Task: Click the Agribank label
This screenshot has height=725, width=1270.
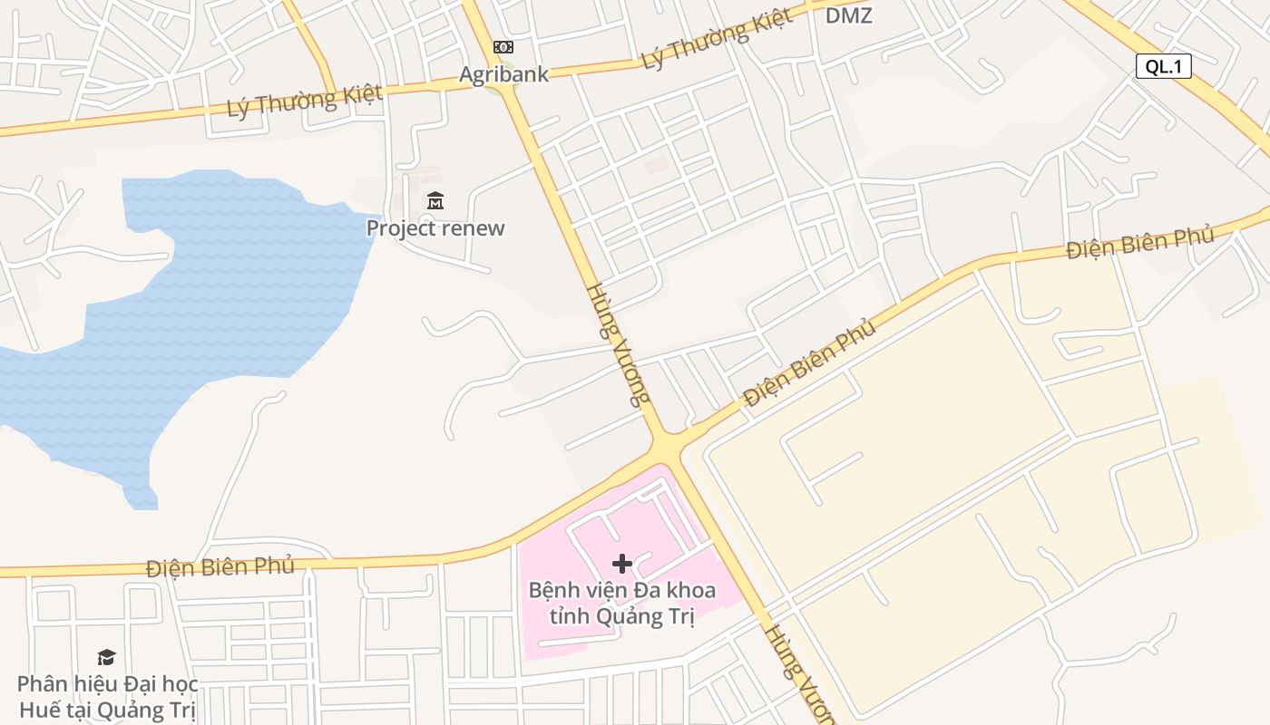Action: point(503,74)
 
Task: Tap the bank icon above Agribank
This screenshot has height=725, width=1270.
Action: point(503,47)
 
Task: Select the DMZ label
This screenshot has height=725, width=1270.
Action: point(848,15)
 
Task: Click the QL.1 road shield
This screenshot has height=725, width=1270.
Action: point(1163,65)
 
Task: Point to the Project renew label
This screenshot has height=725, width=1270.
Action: point(435,227)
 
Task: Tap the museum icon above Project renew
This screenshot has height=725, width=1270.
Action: point(435,201)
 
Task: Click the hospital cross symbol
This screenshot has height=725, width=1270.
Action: point(621,564)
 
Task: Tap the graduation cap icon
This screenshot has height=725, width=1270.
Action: point(107,657)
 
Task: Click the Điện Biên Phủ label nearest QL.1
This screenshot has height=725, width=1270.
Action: point(1139,242)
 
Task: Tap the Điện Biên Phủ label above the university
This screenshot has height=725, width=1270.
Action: point(220,567)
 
